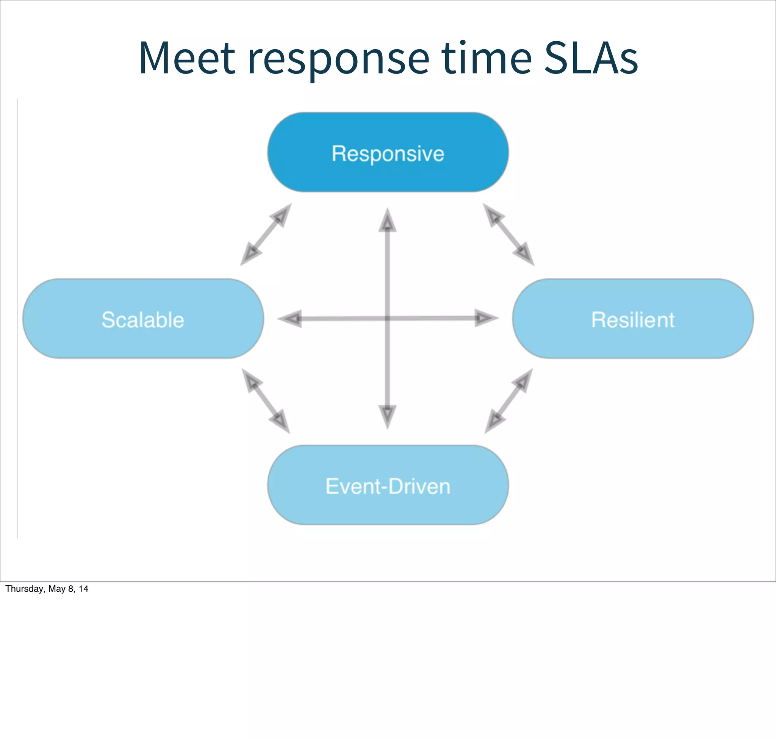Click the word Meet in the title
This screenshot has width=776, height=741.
click(x=187, y=58)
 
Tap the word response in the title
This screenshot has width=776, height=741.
click(x=338, y=58)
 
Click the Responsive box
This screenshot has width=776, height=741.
click(x=388, y=152)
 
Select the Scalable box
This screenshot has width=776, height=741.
click(x=142, y=319)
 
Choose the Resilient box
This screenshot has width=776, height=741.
click(x=632, y=319)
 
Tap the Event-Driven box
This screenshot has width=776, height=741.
click(x=388, y=485)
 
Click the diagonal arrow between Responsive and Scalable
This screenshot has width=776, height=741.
click(x=266, y=234)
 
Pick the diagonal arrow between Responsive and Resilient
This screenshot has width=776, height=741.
click(x=508, y=234)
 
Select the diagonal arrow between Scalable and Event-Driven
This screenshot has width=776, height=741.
click(x=266, y=401)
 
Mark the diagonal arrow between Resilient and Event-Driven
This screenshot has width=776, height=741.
click(x=508, y=401)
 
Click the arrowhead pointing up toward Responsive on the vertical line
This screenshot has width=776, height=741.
click(x=387, y=221)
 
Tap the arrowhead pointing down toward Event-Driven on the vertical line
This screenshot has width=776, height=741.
click(x=387, y=416)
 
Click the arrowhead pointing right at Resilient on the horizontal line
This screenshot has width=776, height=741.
click(x=485, y=318)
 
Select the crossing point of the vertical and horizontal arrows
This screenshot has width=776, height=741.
click(x=387, y=318)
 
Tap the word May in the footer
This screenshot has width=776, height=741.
click(x=56, y=589)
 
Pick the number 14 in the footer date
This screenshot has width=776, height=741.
click(x=83, y=589)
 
